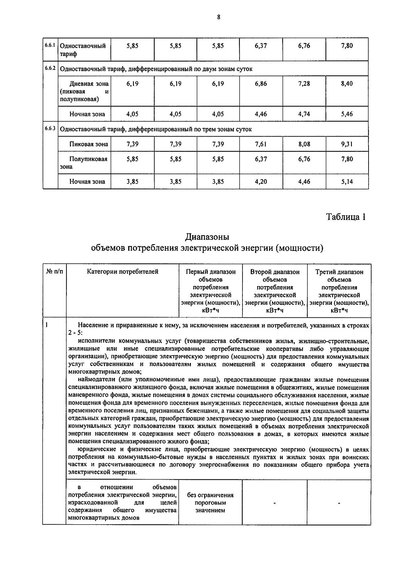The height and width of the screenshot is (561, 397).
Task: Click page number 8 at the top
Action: [218, 18]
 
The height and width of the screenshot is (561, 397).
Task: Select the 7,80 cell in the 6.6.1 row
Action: [347, 46]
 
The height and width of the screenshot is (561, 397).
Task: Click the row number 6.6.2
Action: [50, 68]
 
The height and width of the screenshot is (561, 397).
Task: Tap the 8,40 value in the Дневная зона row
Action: [347, 84]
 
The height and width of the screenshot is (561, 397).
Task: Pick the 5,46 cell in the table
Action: [347, 114]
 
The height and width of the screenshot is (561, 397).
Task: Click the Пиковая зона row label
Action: [88, 144]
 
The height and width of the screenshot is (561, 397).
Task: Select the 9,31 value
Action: [347, 144]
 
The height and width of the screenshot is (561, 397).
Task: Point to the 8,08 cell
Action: [304, 144]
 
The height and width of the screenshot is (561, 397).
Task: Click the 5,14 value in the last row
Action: [347, 182]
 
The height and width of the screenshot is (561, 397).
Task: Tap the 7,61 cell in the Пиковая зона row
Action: [261, 144]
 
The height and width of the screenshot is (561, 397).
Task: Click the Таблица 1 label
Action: [346, 217]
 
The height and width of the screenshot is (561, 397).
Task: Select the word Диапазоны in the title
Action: [207, 237]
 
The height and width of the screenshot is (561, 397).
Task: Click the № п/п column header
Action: [54, 272]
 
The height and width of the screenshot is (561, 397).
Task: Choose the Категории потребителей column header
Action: [122, 272]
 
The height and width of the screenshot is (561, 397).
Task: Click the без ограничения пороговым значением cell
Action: [210, 502]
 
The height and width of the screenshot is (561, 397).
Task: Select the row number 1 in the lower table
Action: [47, 325]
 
